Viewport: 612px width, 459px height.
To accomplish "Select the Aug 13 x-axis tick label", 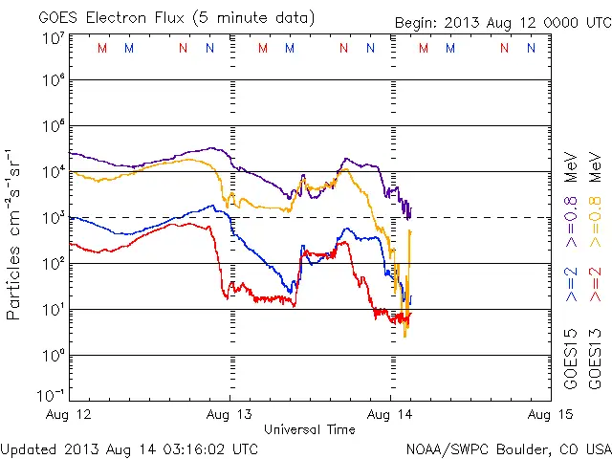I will pos(230,415).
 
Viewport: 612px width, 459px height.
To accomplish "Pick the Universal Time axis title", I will pos(309,429).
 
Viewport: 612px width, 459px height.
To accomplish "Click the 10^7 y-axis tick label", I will pos(53,37).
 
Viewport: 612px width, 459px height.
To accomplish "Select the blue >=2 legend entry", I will pos(571,285).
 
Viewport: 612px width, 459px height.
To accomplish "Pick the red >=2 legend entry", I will pos(595,285).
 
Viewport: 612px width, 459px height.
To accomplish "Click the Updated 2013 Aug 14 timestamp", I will pos(129,448).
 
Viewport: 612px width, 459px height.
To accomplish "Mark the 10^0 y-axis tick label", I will pos(53,357).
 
